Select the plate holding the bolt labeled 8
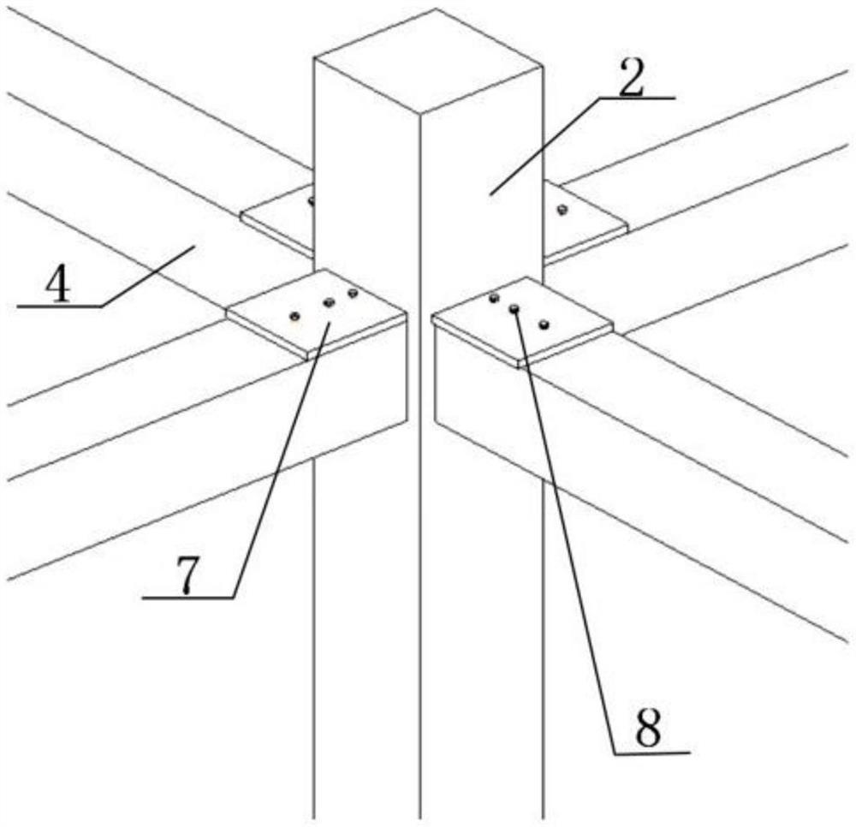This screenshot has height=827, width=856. [x=522, y=321]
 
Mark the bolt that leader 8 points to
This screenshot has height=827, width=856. [x=514, y=309]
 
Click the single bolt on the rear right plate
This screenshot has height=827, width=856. [x=562, y=210]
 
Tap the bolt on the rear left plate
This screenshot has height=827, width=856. [x=312, y=202]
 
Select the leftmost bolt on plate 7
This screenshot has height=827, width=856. [x=294, y=314]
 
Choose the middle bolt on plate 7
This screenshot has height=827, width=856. [x=328, y=302]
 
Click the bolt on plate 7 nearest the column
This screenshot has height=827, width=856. [x=352, y=294]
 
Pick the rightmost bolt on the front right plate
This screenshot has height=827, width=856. [x=544, y=324]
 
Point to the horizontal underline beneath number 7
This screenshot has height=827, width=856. [x=188, y=598]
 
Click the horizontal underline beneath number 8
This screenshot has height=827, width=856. [x=651, y=753]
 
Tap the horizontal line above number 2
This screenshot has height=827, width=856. [x=638, y=98]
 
